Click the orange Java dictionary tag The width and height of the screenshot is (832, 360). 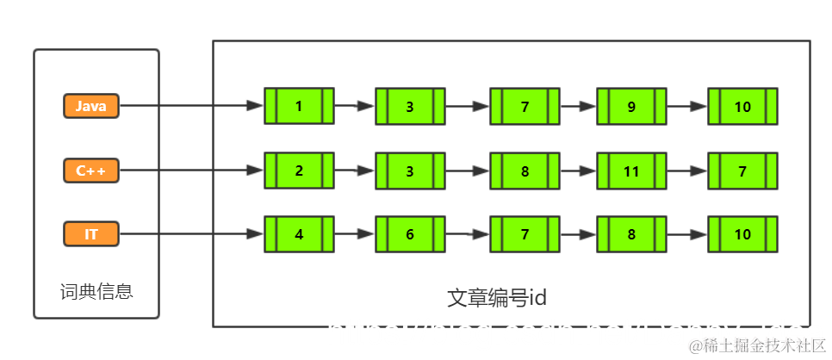pyautogui.click(x=90, y=106)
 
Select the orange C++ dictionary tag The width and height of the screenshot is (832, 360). pyautogui.click(x=90, y=171)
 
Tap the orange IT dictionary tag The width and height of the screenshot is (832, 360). pyautogui.click(x=90, y=233)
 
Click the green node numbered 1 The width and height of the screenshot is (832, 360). pyautogui.click(x=299, y=106)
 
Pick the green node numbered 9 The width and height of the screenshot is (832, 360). pyautogui.click(x=631, y=107)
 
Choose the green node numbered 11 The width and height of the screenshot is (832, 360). pyautogui.click(x=631, y=171)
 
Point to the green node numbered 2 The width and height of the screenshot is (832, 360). pyautogui.click(x=299, y=171)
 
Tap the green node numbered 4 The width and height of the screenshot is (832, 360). pyautogui.click(x=299, y=233)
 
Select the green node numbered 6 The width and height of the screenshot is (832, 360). pyautogui.click(x=410, y=234)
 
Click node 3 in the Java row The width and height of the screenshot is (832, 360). pyautogui.click(x=410, y=107)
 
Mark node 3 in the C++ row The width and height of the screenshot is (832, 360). pyautogui.click(x=410, y=171)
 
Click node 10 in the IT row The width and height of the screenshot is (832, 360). pyautogui.click(x=742, y=234)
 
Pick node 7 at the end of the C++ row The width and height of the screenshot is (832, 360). pyautogui.click(x=742, y=171)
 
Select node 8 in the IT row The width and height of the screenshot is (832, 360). pyautogui.click(x=631, y=234)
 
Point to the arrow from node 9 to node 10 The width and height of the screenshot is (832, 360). pyautogui.click(x=686, y=107)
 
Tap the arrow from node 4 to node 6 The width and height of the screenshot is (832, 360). pyautogui.click(x=354, y=234)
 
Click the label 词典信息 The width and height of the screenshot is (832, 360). pyautogui.click(x=96, y=291)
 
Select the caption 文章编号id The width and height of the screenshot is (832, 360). pyautogui.click(x=497, y=298)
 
